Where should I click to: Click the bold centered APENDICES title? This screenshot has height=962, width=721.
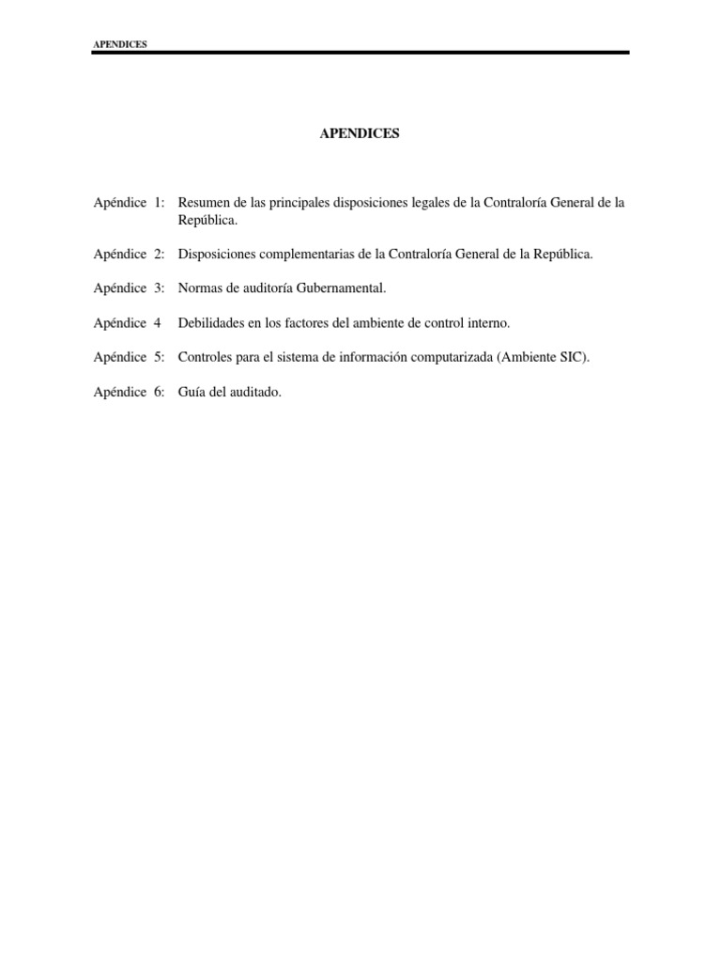tap(360, 133)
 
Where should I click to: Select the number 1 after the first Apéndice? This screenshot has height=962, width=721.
tap(158, 202)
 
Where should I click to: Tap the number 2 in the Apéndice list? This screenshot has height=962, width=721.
tap(158, 254)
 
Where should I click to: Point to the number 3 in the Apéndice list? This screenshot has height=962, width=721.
tap(158, 288)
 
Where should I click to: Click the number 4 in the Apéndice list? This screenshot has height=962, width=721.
tap(158, 323)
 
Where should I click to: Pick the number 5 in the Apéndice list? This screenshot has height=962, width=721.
tap(158, 358)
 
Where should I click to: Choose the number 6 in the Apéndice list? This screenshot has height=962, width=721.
tap(158, 393)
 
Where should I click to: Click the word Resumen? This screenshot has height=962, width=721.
tap(202, 202)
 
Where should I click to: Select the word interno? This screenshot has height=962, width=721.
tap(487, 323)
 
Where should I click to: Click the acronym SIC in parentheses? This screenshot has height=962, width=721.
tap(572, 358)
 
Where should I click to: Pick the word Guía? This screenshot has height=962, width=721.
tap(192, 393)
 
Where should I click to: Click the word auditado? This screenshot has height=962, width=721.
tap(253, 393)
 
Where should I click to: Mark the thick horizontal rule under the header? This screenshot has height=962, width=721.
tap(360, 53)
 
